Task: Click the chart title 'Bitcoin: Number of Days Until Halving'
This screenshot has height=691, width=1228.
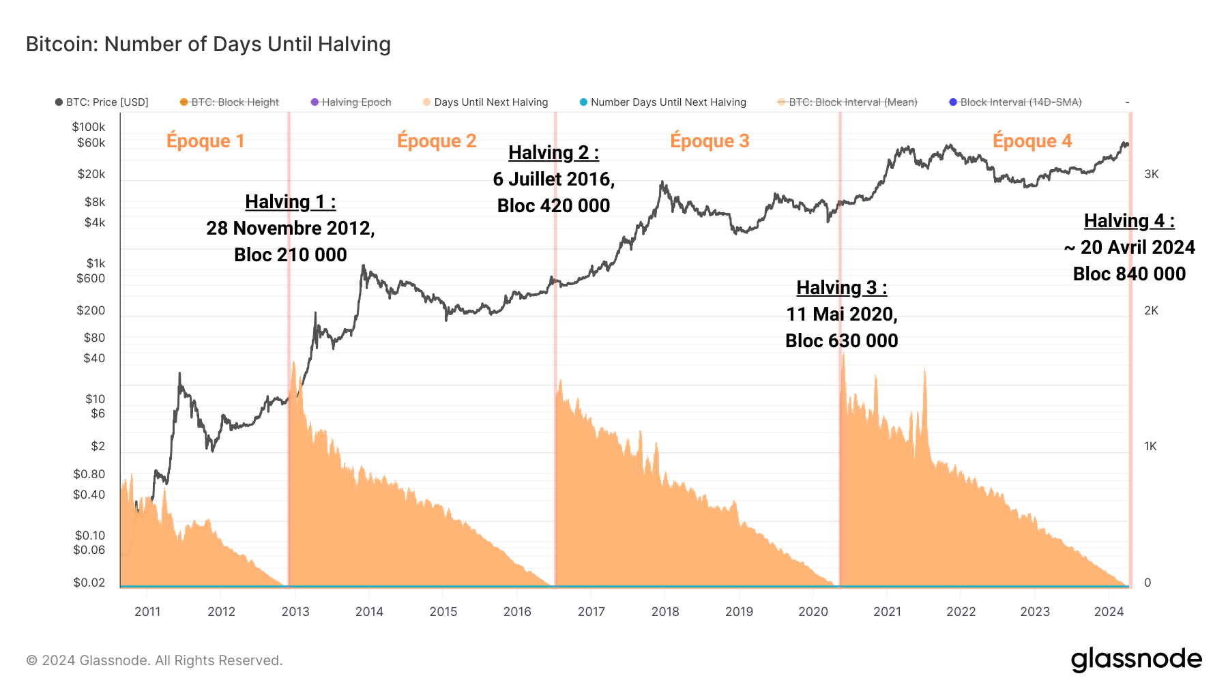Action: (208, 44)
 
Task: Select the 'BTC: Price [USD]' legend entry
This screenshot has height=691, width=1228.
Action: (102, 102)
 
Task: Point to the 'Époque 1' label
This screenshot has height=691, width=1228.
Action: (205, 141)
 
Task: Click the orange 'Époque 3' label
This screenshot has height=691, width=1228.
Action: (710, 141)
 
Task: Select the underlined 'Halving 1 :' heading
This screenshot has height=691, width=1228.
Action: (290, 202)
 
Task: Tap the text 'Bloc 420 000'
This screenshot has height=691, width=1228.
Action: (553, 205)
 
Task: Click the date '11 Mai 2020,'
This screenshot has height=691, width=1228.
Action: (841, 314)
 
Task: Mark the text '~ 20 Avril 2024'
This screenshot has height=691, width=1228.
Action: (1129, 247)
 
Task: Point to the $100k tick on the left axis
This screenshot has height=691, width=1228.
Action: (89, 127)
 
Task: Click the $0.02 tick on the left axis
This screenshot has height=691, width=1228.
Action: (89, 583)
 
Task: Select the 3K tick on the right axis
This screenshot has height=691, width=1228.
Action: (1151, 174)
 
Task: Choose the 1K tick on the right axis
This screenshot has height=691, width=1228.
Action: (1150, 446)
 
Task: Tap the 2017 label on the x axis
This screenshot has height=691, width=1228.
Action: (591, 611)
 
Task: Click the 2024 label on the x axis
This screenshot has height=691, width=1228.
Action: (1109, 611)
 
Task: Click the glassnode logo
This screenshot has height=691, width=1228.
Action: (1136, 660)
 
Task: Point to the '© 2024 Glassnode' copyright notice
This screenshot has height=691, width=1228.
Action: (154, 660)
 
